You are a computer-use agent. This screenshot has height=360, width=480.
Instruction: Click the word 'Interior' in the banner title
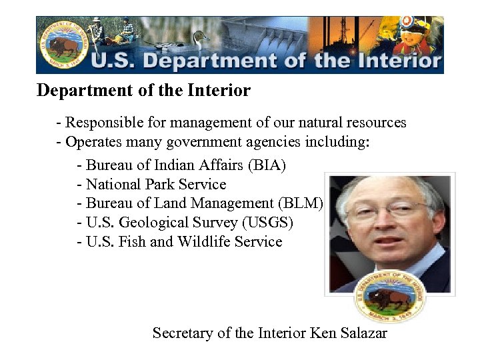coord(397,61)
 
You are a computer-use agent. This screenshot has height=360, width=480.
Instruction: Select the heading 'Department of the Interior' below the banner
coord(143,90)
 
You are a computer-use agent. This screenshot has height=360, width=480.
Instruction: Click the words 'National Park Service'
coord(156,184)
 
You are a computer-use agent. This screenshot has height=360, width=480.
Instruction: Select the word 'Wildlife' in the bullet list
coord(206,241)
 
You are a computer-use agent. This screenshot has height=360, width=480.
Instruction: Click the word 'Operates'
coord(95,142)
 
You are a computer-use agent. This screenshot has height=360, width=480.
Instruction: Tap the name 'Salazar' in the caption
coord(363,333)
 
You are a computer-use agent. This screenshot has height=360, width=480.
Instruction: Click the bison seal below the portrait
coord(390,297)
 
